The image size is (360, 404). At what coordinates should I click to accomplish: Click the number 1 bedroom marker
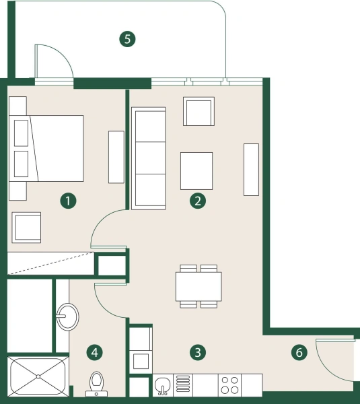[67, 200]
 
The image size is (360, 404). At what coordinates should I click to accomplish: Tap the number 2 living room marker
[197, 200]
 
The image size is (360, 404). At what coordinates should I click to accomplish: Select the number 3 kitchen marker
[197, 351]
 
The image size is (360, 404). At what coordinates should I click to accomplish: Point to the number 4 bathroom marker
[95, 351]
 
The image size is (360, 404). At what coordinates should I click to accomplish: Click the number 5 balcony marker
[127, 38]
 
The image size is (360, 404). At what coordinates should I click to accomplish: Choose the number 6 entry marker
[299, 351]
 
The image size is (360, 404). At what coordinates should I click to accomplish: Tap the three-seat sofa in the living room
[149, 158]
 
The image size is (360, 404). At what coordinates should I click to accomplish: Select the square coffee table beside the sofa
[196, 170]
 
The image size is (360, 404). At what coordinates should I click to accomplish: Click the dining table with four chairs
[199, 286]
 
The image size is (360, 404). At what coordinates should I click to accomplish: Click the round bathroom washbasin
[67, 315]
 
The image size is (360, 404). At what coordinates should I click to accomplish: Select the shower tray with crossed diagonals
[38, 377]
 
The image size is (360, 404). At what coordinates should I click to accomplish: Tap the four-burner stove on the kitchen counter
[229, 385]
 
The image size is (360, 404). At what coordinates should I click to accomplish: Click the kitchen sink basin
[163, 385]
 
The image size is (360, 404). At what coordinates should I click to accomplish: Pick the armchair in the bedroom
[27, 227]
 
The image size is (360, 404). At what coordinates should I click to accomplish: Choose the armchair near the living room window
[199, 112]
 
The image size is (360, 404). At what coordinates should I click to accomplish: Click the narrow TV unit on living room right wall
[252, 169]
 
